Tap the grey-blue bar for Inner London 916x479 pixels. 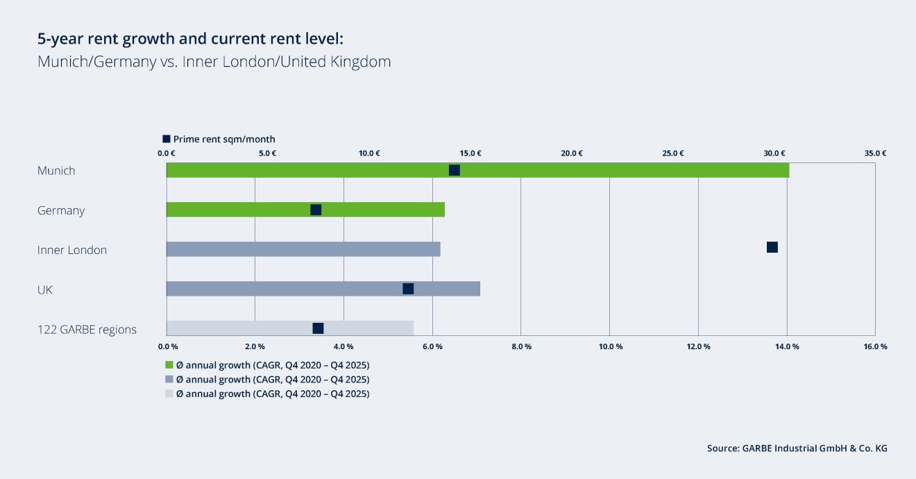(x=303, y=249)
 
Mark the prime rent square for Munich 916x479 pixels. (x=455, y=170)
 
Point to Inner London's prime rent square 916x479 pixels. (x=772, y=247)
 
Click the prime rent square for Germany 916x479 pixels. (x=316, y=210)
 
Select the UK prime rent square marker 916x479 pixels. (x=408, y=289)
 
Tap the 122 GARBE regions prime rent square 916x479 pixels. (x=318, y=328)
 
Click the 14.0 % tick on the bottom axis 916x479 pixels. (x=787, y=346)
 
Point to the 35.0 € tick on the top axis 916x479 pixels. (x=875, y=153)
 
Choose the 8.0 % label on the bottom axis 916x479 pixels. (x=521, y=346)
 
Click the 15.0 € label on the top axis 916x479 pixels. (x=470, y=153)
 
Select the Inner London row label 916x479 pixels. (x=72, y=250)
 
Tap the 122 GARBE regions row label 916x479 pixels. (x=87, y=329)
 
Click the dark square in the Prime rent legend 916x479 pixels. (x=167, y=139)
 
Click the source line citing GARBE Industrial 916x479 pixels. (x=797, y=448)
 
